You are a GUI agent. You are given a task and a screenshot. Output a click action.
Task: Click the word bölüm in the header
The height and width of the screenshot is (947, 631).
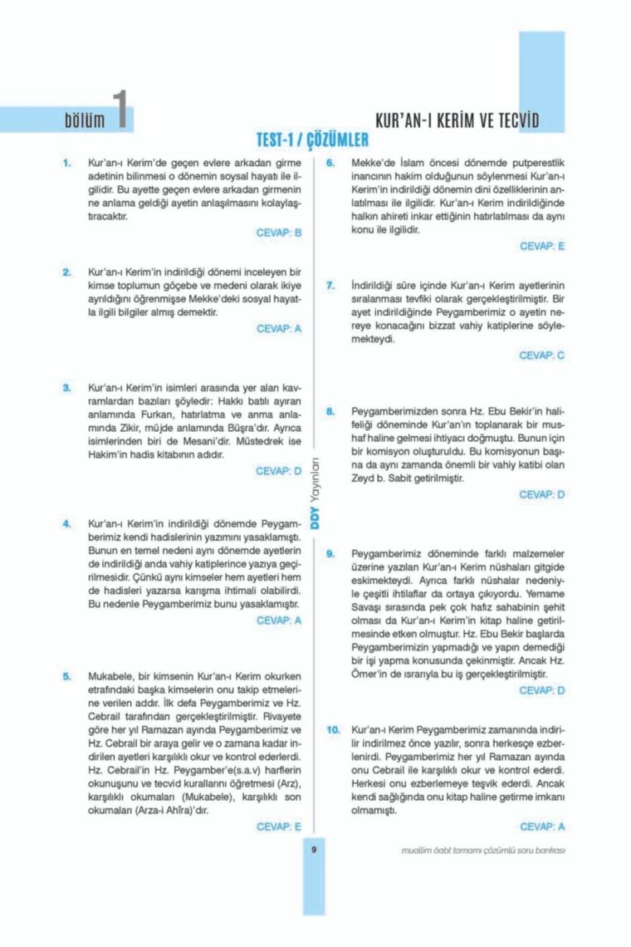[86, 120]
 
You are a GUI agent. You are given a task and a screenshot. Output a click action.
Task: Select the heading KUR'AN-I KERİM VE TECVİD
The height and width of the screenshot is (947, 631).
[457, 120]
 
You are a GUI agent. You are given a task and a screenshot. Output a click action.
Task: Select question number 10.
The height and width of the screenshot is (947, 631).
[333, 729]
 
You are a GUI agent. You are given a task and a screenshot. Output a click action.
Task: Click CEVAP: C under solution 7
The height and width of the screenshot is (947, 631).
[542, 355]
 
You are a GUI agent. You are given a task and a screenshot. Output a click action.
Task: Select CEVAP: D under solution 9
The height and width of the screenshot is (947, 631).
[542, 689]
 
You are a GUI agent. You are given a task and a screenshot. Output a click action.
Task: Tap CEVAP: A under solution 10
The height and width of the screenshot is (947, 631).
[542, 827]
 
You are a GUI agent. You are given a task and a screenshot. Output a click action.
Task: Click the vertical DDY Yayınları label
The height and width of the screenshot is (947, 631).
[315, 493]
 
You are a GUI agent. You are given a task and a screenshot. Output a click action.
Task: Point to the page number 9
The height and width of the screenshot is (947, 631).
[315, 849]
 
